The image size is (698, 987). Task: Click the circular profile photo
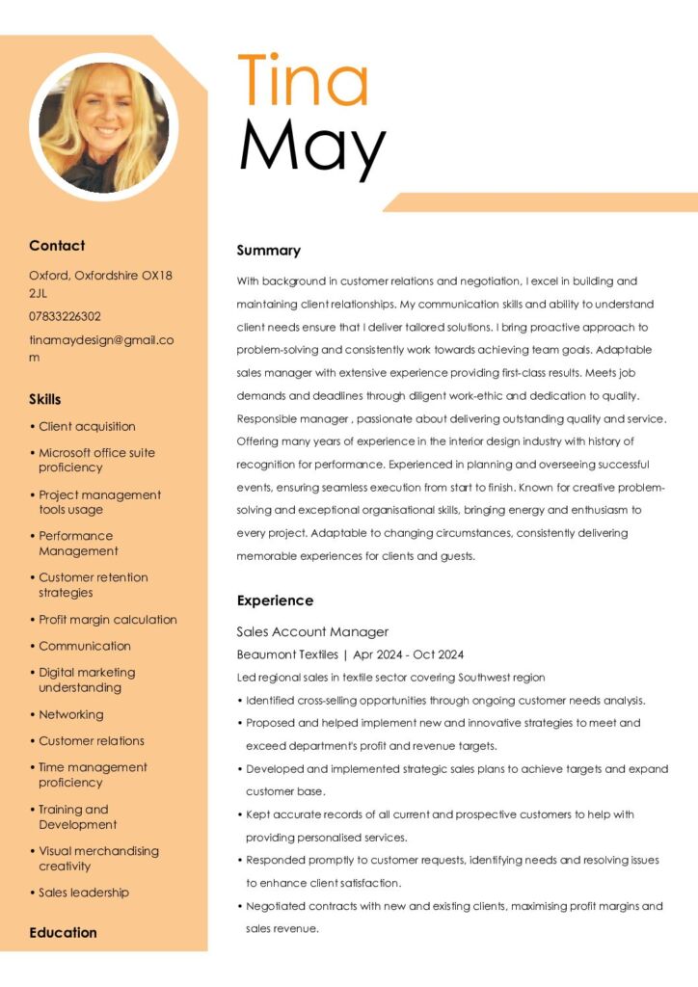104,126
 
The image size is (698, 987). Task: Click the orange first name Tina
303,81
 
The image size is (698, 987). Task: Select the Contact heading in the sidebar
57,246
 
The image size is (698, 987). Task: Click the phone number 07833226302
65,316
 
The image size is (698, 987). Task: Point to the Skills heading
44,399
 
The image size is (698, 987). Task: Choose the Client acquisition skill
87,426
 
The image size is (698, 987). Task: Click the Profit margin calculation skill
108,620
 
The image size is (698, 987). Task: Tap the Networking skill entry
70,714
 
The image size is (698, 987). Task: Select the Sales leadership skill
84,893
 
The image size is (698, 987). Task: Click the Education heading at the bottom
63,932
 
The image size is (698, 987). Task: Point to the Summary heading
269,251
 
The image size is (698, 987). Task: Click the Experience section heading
275,600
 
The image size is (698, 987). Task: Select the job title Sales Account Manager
312,632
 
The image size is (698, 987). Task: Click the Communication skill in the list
84,646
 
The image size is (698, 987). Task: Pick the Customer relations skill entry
92,740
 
